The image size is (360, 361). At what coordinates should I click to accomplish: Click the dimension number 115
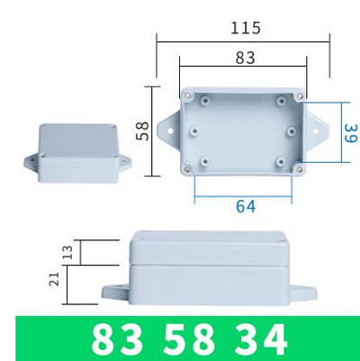click(x=245, y=28)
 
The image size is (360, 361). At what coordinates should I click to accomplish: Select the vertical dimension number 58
click(x=142, y=131)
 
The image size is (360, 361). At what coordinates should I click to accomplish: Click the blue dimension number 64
click(x=246, y=206)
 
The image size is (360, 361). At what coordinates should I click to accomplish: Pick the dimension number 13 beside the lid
click(x=66, y=253)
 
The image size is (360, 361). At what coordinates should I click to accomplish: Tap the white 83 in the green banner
click(x=117, y=340)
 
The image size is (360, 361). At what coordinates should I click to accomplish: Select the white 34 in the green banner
click(x=257, y=340)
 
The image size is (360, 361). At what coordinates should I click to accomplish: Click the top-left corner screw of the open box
click(x=188, y=95)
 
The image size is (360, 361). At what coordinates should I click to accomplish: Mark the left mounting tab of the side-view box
click(x=115, y=293)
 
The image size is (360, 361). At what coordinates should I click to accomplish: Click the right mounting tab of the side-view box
click(x=306, y=293)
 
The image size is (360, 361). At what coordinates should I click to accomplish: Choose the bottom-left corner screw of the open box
click(x=187, y=168)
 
